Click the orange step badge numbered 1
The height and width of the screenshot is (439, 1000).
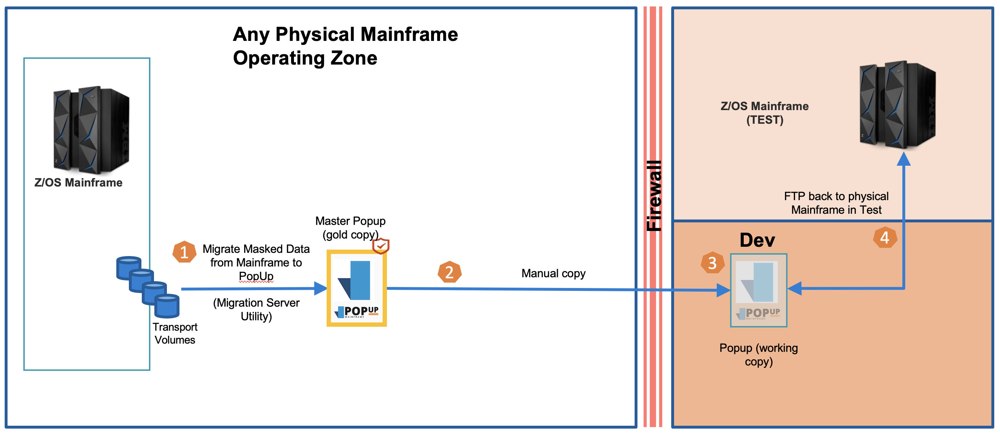pos(184,252)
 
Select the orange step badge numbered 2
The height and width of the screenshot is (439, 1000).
pos(449,272)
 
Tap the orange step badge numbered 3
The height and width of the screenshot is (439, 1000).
pos(712,263)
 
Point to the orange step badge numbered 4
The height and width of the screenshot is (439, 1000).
pos(885,237)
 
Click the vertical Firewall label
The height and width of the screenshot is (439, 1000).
pos(654,196)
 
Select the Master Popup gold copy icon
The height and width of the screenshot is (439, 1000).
pos(356,288)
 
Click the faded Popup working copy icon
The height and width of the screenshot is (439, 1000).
pos(758,291)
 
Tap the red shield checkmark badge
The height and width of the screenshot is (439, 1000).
pos(381,246)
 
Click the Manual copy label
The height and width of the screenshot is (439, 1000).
pos(553,273)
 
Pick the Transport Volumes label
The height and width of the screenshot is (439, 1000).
pos(175,334)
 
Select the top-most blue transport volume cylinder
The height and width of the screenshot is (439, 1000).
pos(128,268)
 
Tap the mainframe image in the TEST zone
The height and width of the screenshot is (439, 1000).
pos(897,105)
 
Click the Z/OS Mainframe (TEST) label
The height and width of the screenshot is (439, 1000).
pos(765,113)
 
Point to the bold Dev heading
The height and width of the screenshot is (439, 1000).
pos(757,240)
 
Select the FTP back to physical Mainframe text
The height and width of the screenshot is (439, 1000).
pos(836,203)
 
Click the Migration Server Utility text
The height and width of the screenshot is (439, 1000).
pos(256,309)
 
